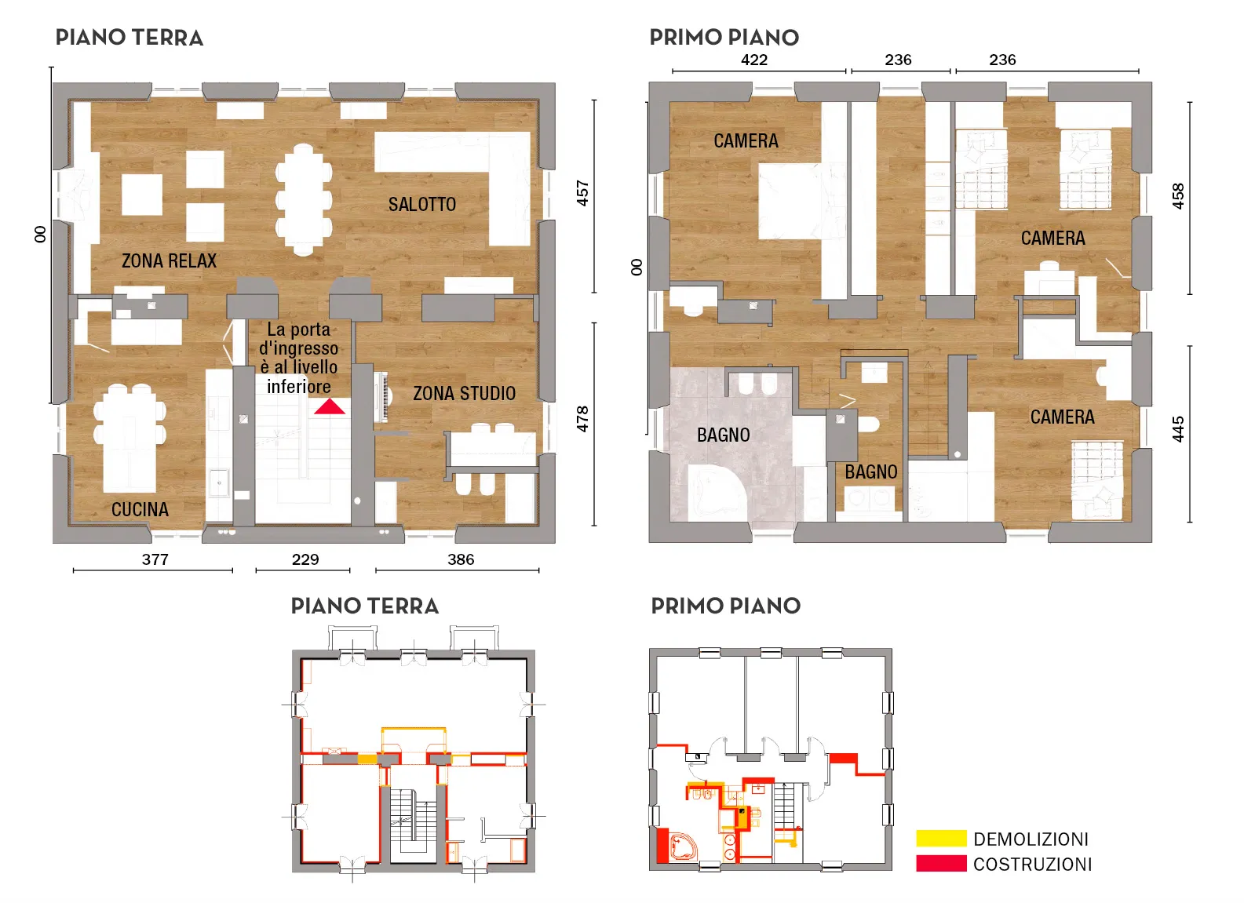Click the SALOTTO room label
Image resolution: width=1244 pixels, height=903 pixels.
[422, 205]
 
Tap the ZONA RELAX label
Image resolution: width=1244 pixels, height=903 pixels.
[169, 260]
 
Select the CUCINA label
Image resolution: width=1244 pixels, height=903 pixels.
[140, 509]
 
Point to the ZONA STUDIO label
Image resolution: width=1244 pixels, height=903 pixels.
[465, 394]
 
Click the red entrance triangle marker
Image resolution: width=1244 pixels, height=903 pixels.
[330, 407]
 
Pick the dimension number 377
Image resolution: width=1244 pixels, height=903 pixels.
[155, 559]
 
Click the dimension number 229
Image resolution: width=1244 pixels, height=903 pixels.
[305, 559]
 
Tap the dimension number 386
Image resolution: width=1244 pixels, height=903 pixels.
[461, 559]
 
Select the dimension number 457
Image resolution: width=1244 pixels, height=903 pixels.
[582, 193]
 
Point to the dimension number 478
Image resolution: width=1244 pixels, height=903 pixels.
[582, 419]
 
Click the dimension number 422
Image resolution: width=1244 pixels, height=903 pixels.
[754, 60]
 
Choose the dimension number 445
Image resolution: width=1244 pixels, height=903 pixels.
[1178, 429]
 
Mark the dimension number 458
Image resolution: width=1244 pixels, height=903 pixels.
[1178, 196]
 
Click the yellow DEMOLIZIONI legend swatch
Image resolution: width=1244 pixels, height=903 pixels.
[941, 838]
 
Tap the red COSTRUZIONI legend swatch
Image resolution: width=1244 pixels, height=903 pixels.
[941, 864]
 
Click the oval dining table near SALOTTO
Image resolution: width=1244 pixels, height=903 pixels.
[304, 200]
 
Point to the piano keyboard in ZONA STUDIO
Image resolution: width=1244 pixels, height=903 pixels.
[381, 396]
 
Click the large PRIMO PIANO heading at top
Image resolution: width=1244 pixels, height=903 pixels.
[724, 38]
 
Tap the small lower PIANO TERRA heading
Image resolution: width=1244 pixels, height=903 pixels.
[365, 606]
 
